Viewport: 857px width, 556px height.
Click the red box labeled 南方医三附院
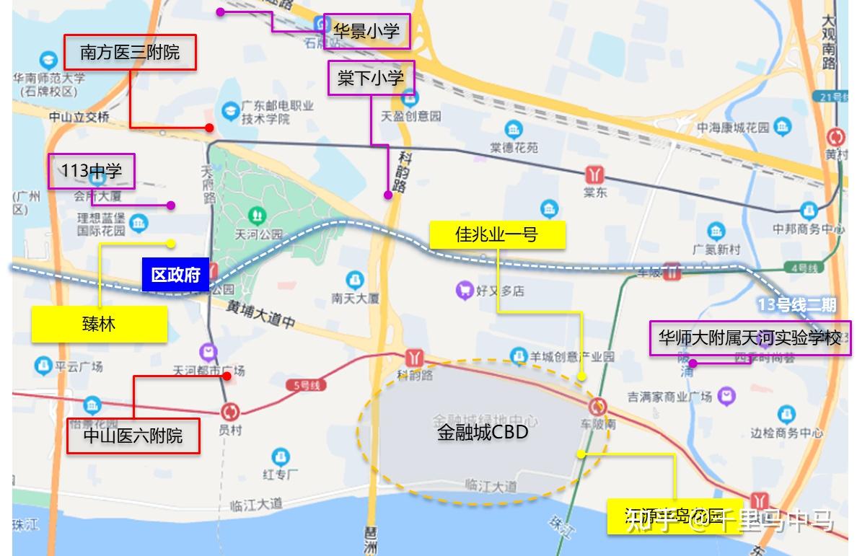pyautogui.click(x=130, y=53)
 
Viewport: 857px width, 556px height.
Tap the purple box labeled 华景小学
pyautogui.click(x=366, y=31)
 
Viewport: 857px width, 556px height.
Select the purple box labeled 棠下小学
pyautogui.click(x=371, y=78)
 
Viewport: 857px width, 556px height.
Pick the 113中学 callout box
pyautogui.click(x=92, y=171)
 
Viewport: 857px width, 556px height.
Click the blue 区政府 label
pyautogui.click(x=175, y=275)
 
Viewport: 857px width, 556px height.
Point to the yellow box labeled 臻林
pyautogui.click(x=99, y=325)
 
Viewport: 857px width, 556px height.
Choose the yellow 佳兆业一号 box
pyautogui.click(x=496, y=234)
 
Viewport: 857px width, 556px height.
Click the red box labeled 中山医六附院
pyautogui.click(x=133, y=436)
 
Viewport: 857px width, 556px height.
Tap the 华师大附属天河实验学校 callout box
pyautogui.click(x=749, y=337)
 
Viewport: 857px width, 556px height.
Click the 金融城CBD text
pyautogui.click(x=483, y=432)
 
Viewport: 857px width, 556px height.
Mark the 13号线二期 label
pyautogui.click(x=796, y=305)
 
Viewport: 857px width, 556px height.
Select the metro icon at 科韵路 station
pyautogui.click(x=414, y=357)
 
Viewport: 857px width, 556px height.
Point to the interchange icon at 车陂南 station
pyautogui.click(x=598, y=406)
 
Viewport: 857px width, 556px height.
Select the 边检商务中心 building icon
pyautogui.click(x=787, y=415)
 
